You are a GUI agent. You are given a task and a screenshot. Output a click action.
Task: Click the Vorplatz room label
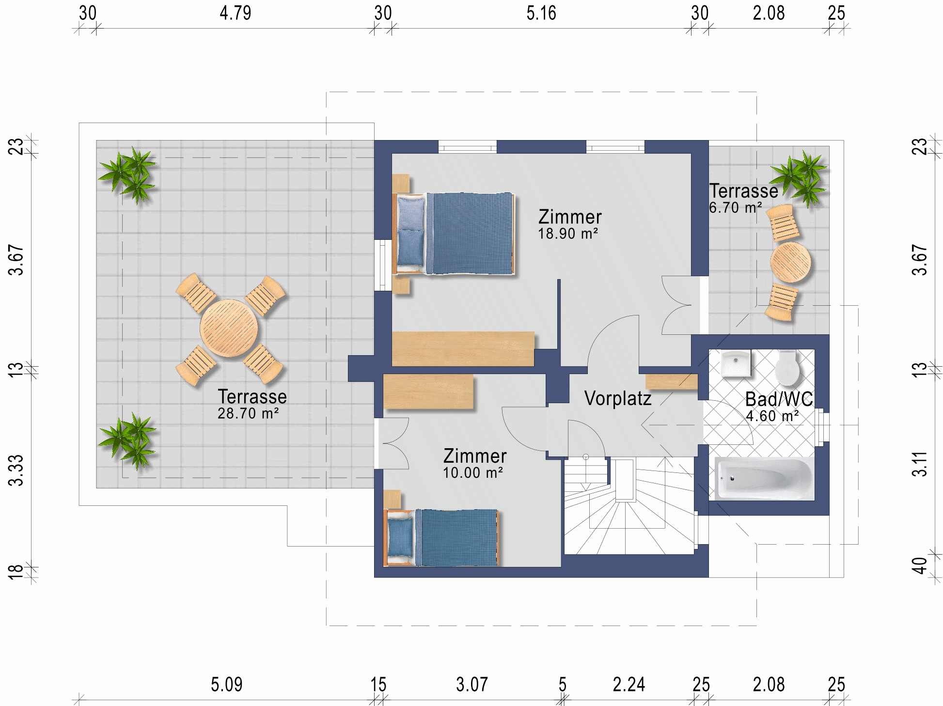point(618,398)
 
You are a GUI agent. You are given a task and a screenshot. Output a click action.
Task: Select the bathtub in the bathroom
point(765,478)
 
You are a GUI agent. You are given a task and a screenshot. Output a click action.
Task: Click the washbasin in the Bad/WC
point(736,363)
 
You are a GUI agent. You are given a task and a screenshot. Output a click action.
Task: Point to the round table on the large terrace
point(229,329)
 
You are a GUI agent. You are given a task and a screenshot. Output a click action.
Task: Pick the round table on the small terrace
point(790,262)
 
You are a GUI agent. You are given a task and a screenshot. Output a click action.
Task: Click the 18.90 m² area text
point(568,234)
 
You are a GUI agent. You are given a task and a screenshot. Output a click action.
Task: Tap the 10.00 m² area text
point(473,473)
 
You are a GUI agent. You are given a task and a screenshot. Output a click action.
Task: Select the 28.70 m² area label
point(248,413)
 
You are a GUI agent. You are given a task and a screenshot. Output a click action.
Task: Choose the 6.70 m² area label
point(736,208)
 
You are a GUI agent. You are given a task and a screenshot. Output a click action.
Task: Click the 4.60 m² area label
point(772,416)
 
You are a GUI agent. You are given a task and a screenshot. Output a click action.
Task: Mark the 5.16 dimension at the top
point(541,13)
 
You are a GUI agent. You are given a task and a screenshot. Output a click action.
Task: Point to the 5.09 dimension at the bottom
point(227,685)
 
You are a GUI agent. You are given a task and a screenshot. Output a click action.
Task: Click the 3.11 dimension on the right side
point(920,464)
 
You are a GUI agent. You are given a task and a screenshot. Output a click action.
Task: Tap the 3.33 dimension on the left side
point(16,470)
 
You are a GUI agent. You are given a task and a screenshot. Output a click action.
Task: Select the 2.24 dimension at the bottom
point(629,685)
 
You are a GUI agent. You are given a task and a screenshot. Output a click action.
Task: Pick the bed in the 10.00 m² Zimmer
point(441,537)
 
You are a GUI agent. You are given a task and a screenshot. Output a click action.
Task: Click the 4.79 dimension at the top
point(236,13)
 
